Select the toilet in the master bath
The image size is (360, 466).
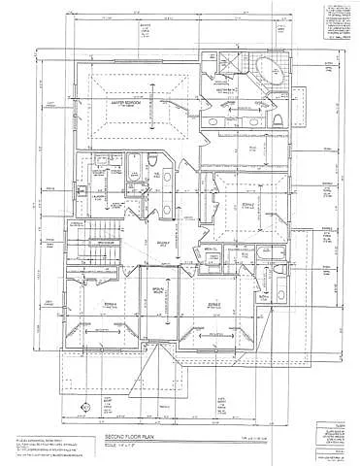pyautogui.click(x=275, y=116)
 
